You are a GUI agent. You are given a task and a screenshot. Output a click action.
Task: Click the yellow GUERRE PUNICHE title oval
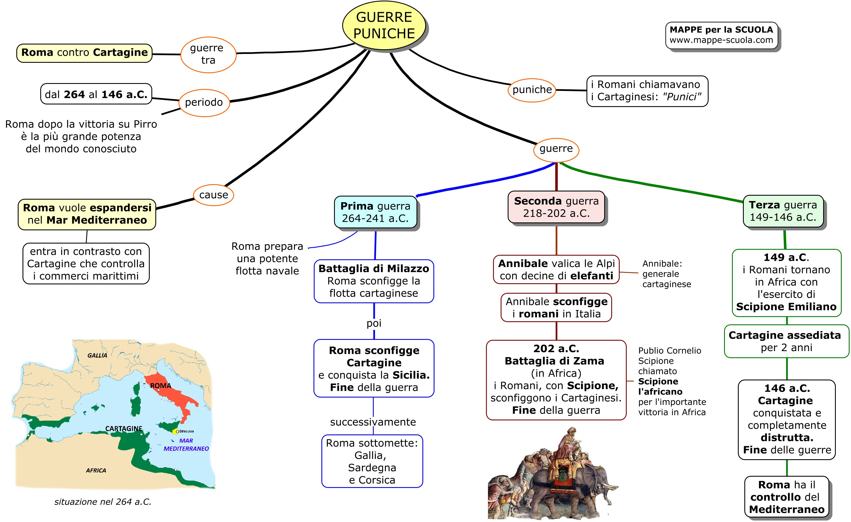(x=384, y=26)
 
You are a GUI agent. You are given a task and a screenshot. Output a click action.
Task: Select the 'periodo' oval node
(x=204, y=102)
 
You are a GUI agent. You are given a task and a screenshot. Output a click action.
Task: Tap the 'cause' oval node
(x=213, y=195)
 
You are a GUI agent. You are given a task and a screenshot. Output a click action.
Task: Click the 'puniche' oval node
(x=532, y=90)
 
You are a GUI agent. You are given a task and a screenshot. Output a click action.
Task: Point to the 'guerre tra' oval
(x=208, y=54)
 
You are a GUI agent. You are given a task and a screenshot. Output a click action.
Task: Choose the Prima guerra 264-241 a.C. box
(x=375, y=212)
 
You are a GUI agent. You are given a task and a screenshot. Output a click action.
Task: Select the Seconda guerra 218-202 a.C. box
(x=556, y=207)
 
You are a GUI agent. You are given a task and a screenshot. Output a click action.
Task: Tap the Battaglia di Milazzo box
(x=374, y=281)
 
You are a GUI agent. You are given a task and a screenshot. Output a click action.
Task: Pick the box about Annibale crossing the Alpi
(x=556, y=269)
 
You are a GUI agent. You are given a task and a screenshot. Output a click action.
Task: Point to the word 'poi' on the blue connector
(x=374, y=323)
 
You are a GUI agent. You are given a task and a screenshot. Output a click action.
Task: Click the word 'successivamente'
(x=373, y=422)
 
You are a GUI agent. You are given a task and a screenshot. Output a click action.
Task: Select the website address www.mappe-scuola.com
(x=721, y=40)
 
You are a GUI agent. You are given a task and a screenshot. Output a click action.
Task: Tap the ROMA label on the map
(x=161, y=385)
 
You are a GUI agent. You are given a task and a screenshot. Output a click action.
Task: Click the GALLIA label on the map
(x=97, y=356)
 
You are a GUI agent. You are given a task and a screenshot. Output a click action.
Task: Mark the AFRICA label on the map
(x=96, y=470)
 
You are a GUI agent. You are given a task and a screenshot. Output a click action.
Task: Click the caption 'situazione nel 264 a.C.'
(x=103, y=502)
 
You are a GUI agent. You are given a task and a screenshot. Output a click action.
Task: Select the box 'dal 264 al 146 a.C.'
(x=96, y=94)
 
